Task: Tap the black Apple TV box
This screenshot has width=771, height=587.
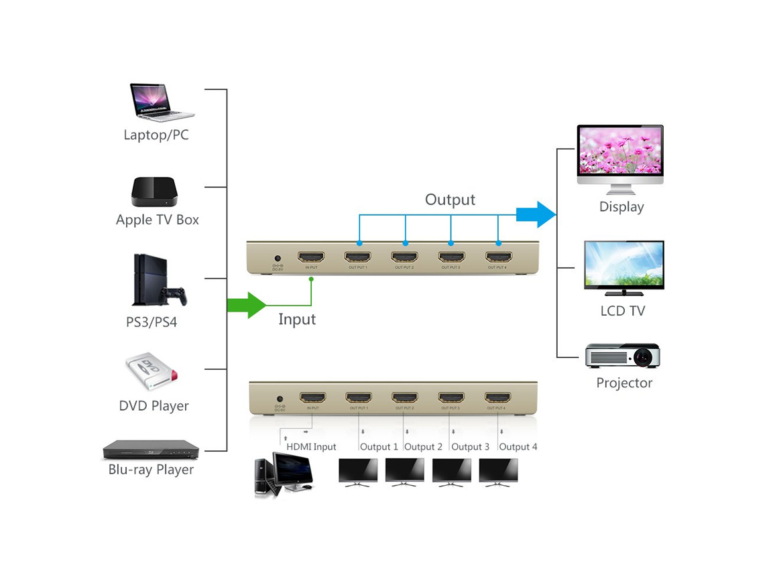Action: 154,192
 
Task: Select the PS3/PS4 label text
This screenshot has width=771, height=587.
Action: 152,322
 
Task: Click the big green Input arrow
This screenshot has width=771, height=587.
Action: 247,305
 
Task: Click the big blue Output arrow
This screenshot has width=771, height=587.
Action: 536,214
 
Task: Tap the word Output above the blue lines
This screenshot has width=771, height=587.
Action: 450,200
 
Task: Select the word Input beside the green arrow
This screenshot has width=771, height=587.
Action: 297,319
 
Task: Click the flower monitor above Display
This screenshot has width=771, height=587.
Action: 620,159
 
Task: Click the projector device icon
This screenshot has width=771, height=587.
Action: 623,355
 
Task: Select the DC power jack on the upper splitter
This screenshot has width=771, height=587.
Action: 277,258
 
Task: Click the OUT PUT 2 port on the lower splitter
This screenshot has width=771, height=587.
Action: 405,397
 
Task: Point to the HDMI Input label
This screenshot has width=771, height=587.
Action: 311,447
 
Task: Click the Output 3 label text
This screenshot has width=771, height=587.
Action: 470,447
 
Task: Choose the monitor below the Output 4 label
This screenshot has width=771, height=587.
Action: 498,472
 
